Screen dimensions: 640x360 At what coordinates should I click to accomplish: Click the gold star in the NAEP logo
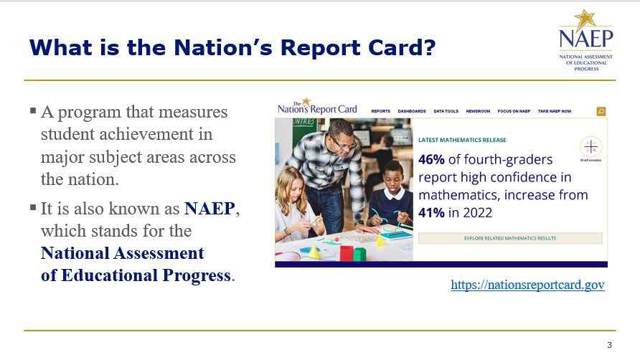tap(585, 19)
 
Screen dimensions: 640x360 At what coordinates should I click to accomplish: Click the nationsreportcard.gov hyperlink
tap(527, 285)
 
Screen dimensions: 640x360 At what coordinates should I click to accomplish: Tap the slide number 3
tap(609, 345)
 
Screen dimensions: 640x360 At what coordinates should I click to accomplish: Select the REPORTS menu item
tap(380, 111)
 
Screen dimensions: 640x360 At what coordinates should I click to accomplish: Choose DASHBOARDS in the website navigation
tap(412, 111)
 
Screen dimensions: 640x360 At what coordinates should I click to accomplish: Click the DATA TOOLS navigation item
tap(446, 111)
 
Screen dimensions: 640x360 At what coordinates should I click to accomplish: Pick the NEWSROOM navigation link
tap(478, 111)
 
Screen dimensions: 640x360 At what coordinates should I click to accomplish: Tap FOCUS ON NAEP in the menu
tap(514, 111)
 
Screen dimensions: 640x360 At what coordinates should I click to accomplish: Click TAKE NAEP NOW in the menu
tap(555, 111)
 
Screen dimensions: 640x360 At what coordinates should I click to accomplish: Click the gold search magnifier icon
tap(601, 111)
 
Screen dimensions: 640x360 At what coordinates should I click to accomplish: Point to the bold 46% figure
tap(431, 160)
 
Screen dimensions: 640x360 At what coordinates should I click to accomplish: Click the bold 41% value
tap(431, 213)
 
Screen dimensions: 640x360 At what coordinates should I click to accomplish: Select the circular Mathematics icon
tap(590, 146)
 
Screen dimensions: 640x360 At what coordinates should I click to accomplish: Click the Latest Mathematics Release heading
tap(462, 140)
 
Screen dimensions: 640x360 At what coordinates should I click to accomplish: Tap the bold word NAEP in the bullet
tap(210, 209)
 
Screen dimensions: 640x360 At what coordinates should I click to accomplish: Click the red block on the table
tap(347, 253)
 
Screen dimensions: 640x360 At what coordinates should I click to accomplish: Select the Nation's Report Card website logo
tap(317, 107)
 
